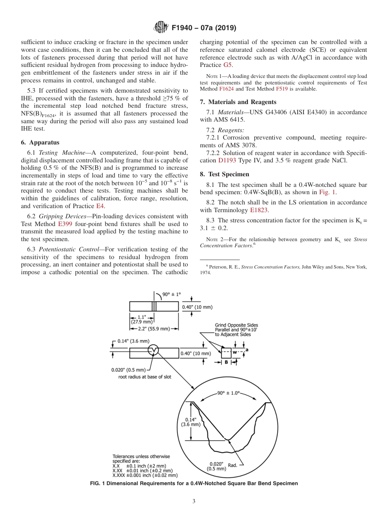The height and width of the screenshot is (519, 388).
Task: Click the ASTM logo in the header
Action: click(161, 28)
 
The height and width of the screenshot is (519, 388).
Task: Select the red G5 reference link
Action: click(228, 65)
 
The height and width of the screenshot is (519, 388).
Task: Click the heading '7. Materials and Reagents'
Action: click(238, 102)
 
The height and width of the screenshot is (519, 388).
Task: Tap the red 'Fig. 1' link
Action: click(327, 192)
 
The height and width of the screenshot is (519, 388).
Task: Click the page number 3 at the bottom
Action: click(194, 501)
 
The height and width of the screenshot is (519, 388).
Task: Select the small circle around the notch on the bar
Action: click(154, 350)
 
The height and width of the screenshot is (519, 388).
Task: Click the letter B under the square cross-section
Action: click(227, 362)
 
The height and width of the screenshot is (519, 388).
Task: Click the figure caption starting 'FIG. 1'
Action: click(194, 484)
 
